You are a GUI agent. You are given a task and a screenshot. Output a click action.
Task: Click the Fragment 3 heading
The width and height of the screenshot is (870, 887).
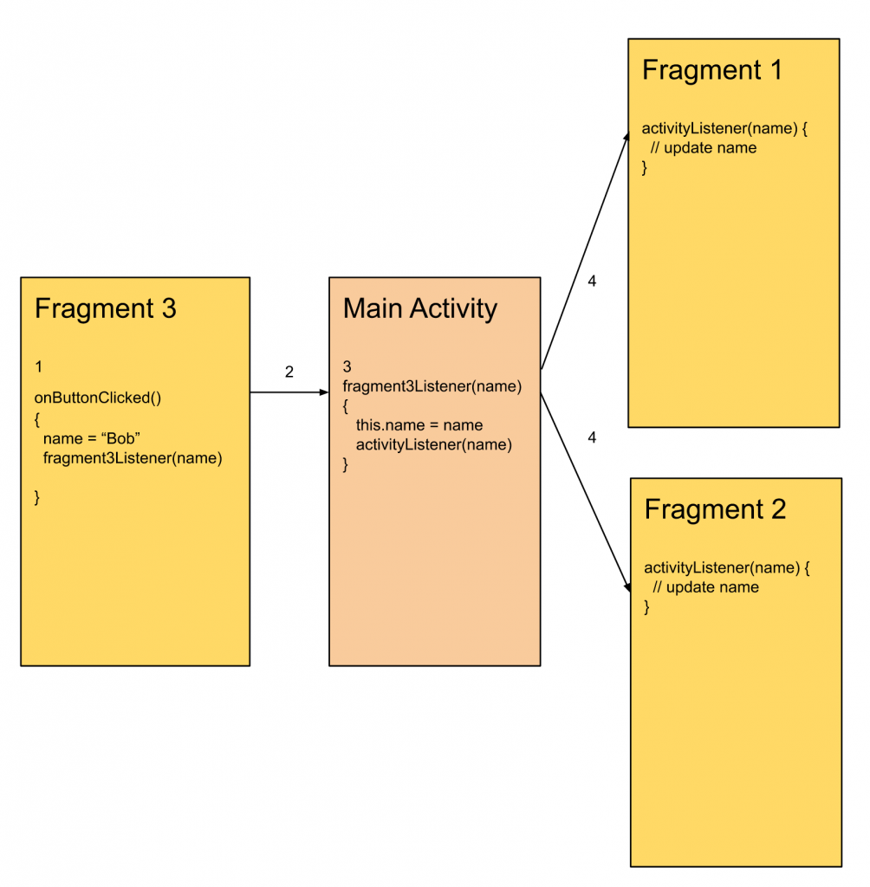[105, 309]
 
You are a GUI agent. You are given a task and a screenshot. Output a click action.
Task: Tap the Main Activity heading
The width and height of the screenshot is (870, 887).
[420, 309]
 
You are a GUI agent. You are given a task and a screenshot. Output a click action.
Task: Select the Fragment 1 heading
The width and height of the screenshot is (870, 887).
[711, 70]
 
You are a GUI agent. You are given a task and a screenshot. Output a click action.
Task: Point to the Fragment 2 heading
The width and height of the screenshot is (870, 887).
[715, 509]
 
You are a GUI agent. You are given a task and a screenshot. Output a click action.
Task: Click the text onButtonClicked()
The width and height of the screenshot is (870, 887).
[98, 398]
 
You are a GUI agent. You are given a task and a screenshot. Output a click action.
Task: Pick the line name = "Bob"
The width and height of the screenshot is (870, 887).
[92, 439]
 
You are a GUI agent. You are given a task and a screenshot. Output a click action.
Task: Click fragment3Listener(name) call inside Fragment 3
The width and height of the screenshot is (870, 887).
[133, 459]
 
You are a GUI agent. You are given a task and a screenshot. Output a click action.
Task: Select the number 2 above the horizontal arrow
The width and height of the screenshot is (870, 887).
[289, 372]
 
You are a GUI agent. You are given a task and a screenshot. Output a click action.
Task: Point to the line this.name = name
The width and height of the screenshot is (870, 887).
[419, 425]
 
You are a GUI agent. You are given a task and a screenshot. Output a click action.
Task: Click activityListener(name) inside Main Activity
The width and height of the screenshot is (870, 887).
[434, 445]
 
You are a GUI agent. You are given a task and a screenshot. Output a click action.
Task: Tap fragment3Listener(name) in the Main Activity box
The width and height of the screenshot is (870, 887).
[432, 386]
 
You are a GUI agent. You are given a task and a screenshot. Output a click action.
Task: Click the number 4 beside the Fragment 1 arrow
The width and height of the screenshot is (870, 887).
[592, 282]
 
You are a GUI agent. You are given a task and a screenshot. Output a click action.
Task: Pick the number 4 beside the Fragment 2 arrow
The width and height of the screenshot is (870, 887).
[592, 438]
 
